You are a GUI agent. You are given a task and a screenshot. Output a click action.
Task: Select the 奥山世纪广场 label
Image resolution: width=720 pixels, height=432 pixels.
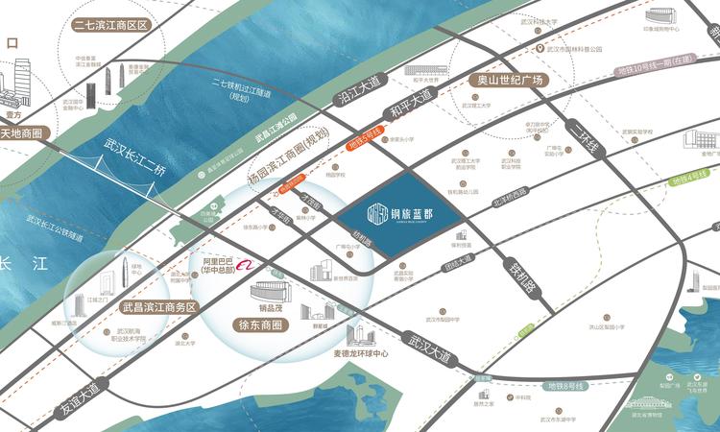(x=504, y=81)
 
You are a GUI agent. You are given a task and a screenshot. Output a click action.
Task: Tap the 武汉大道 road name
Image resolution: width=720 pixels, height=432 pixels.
(x=427, y=347)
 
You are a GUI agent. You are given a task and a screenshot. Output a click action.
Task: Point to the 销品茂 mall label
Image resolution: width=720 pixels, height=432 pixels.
(x=256, y=310)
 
